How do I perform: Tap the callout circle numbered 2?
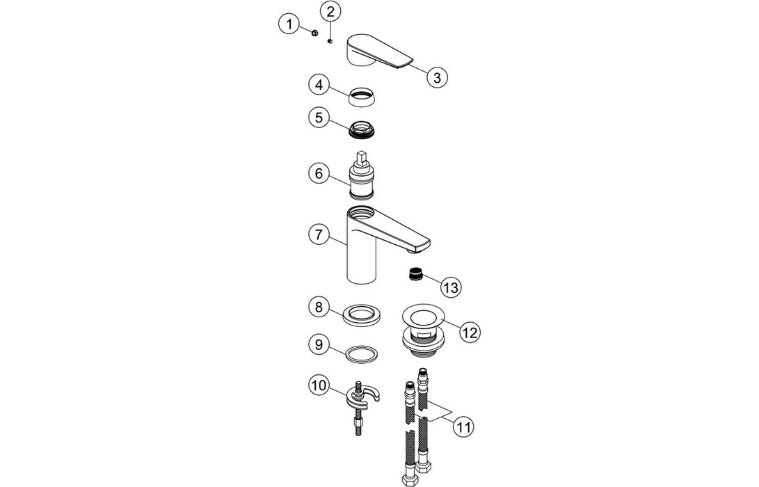click(330, 12)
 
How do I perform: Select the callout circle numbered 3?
click(436, 77)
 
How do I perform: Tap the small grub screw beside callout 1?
click(314, 33)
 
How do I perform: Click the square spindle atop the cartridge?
click(360, 157)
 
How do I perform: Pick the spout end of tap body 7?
click(417, 245)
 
